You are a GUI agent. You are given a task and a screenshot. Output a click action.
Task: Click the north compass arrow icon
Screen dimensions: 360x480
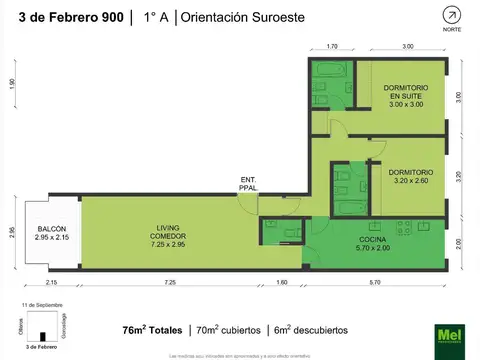455,15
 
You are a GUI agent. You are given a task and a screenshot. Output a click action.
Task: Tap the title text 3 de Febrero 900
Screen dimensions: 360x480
63,17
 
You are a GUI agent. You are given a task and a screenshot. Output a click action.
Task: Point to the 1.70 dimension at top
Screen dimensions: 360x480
332,46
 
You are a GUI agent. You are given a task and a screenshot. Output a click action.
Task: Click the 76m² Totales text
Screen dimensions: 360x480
152,329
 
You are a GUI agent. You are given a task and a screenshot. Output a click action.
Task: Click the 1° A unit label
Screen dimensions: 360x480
154,17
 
